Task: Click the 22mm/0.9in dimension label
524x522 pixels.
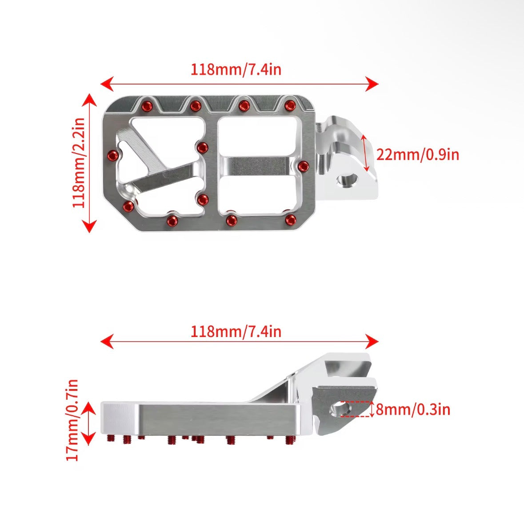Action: coord(417,155)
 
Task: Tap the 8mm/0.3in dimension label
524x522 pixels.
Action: coord(413,409)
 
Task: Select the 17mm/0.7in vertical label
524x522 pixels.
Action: coord(72,420)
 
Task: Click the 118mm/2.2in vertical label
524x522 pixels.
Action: coord(79,163)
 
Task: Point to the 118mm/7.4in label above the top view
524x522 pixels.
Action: coord(236,69)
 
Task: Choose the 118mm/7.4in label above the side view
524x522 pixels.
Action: coord(236,332)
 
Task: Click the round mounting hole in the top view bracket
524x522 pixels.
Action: coord(347,181)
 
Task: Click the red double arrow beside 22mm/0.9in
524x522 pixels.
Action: coord(365,153)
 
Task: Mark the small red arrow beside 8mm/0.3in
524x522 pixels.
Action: coord(372,409)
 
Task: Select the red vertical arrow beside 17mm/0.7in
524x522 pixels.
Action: coord(90,423)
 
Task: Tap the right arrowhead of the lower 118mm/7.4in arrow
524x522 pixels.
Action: coord(373,341)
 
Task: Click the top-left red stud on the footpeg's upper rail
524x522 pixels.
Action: coord(146,106)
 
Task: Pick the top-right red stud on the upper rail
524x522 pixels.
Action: coord(290,105)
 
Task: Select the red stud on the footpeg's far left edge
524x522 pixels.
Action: coord(113,155)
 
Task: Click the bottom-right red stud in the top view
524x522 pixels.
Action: coord(291,219)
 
